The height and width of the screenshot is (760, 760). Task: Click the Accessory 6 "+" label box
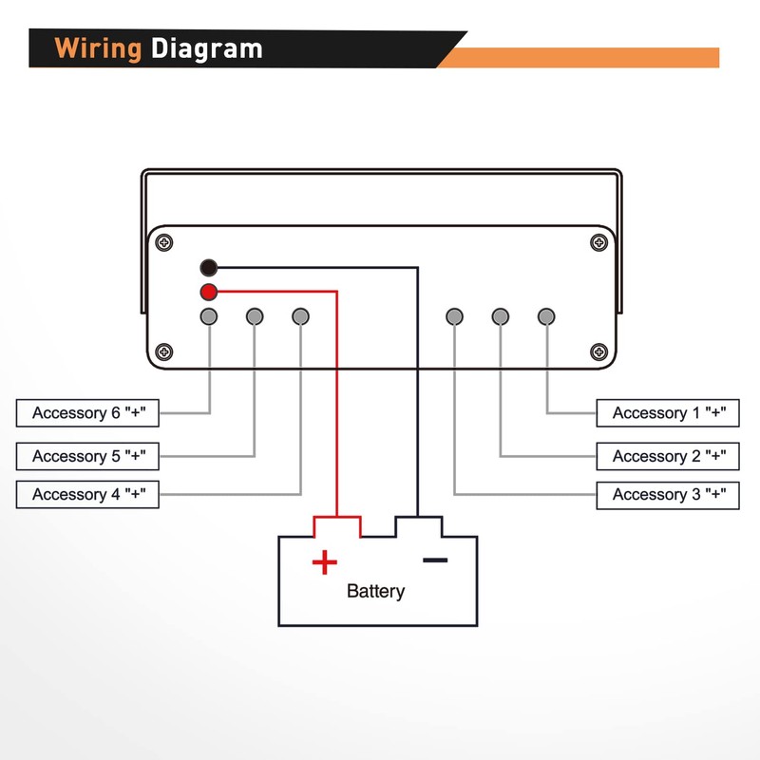point(87,413)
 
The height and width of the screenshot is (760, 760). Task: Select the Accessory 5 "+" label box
point(87,456)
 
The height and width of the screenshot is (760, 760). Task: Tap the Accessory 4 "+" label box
point(87,494)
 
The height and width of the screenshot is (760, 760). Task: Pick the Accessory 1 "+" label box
point(668,413)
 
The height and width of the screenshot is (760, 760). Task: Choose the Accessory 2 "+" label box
point(668,456)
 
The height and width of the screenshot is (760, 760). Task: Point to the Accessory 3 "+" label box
point(668,494)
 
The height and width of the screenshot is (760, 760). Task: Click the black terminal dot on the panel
point(209,268)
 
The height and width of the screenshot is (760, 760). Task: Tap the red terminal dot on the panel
point(209,293)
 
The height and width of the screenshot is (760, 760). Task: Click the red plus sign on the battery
point(325,562)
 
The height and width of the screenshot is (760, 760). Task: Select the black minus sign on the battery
point(435,560)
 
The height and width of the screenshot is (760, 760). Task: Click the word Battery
point(375,591)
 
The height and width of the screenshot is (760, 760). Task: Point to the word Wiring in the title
point(98,48)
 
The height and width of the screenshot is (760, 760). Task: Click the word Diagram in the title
point(206,48)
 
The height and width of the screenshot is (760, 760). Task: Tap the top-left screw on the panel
point(165,242)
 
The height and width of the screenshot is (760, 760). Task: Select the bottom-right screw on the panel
point(598,351)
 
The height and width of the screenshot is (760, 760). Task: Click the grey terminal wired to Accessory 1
point(546,316)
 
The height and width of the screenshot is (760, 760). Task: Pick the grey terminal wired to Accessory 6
point(209,316)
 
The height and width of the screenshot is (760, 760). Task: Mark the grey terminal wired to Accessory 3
point(455,316)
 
